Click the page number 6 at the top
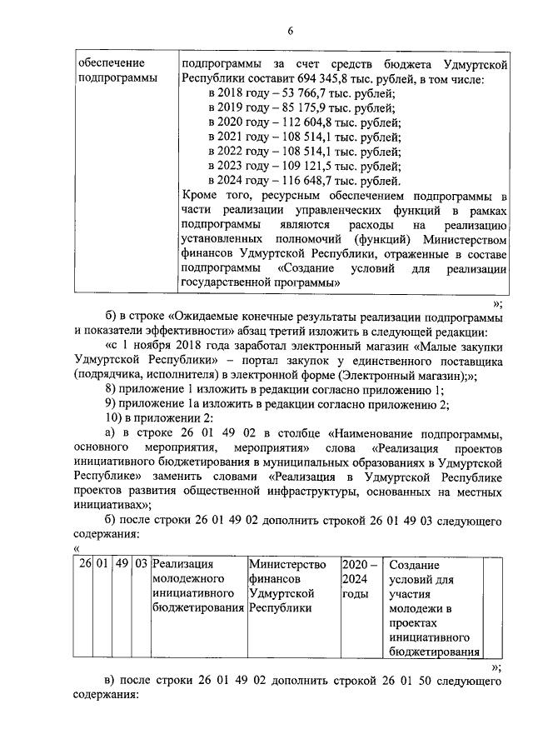[x=290, y=31]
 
